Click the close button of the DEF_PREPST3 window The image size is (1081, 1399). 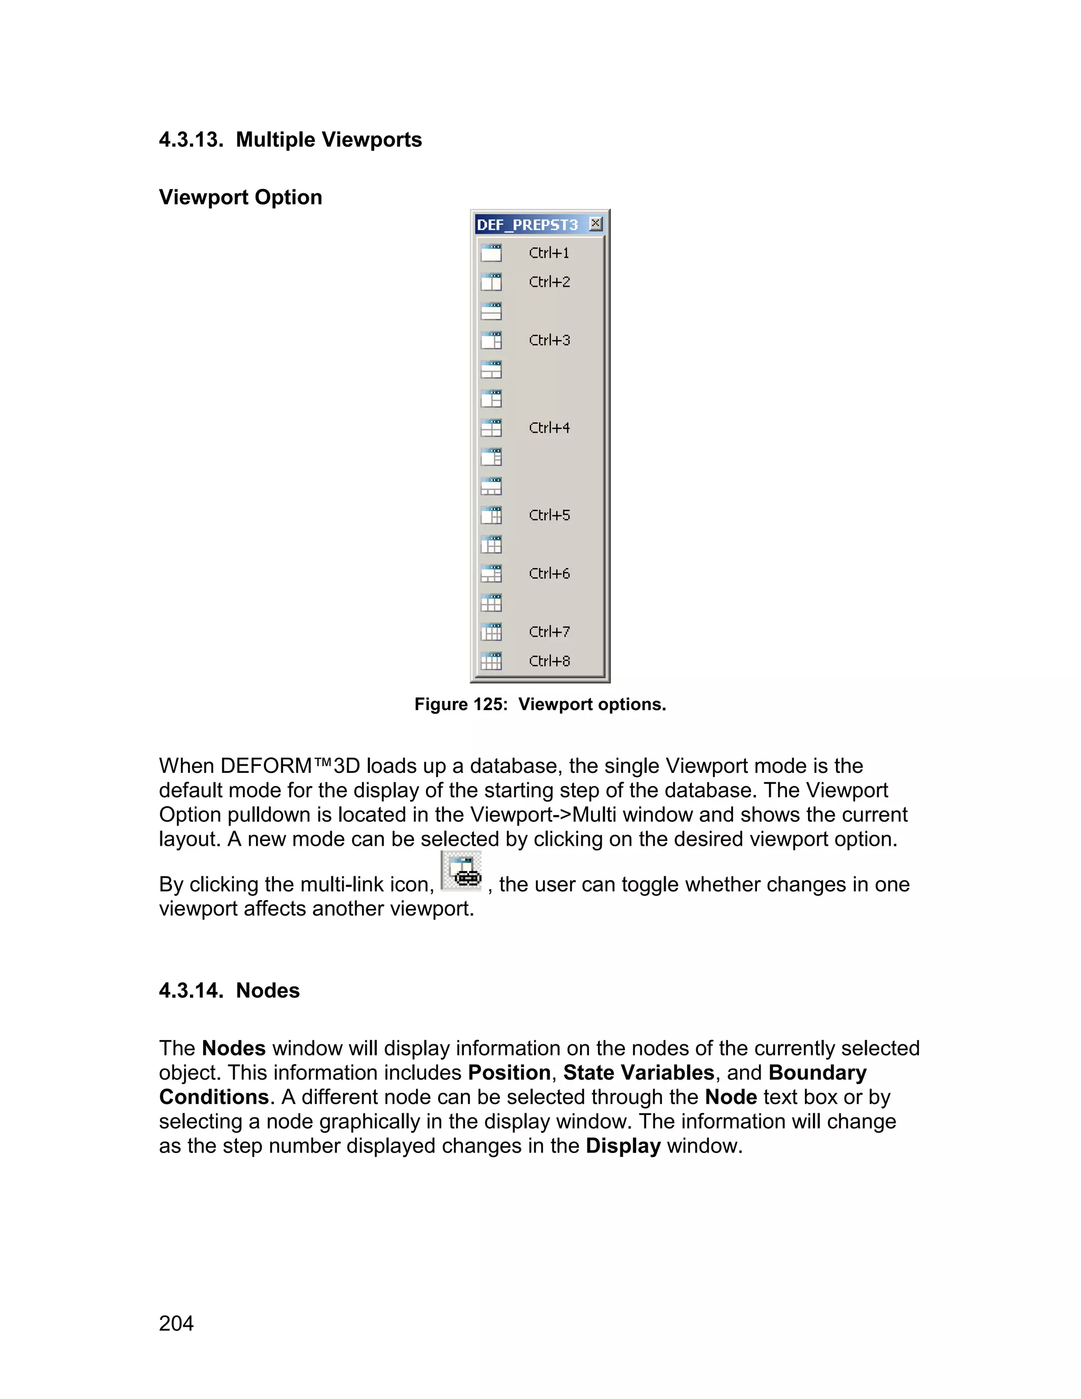(x=595, y=223)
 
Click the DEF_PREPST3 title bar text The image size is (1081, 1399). (x=527, y=225)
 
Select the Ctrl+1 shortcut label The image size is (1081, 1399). (x=549, y=253)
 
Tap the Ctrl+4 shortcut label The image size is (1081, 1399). (x=549, y=428)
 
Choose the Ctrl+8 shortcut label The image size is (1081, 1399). (x=549, y=661)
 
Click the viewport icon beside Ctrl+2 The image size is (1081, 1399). (x=491, y=282)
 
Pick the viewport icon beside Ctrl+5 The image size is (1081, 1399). (x=491, y=515)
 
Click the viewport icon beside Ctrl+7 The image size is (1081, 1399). (x=491, y=631)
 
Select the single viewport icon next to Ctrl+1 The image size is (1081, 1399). (x=491, y=253)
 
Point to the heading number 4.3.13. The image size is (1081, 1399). (x=191, y=140)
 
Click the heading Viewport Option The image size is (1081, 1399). (x=240, y=197)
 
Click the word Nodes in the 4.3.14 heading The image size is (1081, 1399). (x=268, y=991)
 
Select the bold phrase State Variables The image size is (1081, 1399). (x=639, y=1073)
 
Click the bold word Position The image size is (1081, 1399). (x=509, y=1073)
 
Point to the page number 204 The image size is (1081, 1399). (x=176, y=1324)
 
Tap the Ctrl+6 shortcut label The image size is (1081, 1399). (x=549, y=573)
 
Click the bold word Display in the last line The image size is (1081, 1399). (x=622, y=1146)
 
